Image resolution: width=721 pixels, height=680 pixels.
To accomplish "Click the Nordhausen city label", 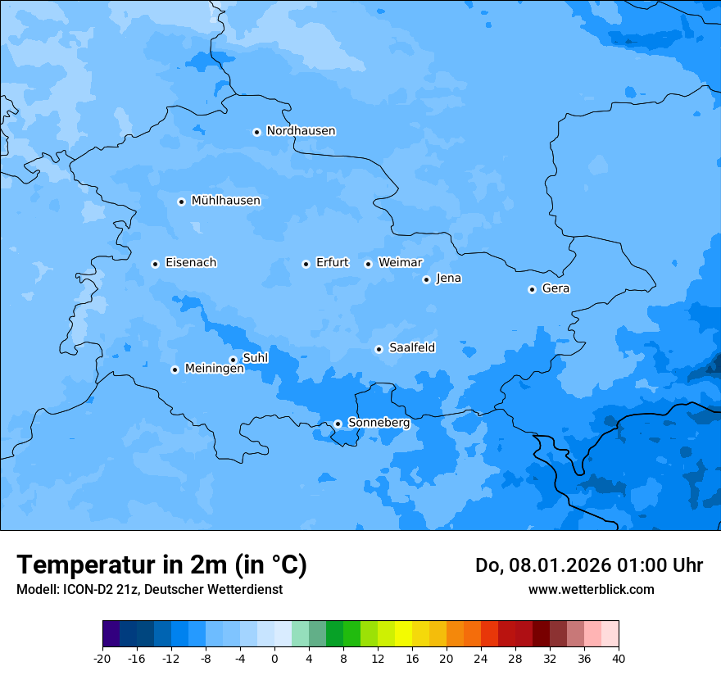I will (301, 131).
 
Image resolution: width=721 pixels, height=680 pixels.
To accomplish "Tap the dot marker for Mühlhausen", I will (182, 202).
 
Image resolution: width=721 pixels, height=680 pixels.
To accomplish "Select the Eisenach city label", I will (191, 263).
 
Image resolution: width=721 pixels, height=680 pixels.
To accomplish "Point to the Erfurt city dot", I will (306, 264).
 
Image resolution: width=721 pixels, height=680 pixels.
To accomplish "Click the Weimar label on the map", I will (400, 262).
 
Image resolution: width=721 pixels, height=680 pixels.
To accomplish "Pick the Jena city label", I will (449, 279).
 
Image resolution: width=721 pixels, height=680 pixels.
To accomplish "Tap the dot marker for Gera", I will (532, 289).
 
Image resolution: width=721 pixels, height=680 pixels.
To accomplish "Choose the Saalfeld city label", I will (412, 348).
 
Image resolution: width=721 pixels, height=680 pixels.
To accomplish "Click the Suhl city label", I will (256, 358).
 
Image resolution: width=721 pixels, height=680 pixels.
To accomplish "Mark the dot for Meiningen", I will (175, 369).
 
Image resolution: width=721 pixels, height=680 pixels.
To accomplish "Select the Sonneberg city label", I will (379, 423).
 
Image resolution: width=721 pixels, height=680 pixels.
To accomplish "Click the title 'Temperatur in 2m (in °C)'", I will (162, 565).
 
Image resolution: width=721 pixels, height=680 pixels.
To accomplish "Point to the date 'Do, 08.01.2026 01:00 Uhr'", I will (588, 565).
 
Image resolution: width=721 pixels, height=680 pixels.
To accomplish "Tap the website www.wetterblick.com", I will (591, 589).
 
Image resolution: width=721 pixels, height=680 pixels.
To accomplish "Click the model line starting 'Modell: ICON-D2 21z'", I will (149, 589).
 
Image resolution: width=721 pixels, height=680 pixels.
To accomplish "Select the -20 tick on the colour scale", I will (102, 658).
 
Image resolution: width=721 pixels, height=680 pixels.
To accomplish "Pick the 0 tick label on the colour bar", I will (274, 658).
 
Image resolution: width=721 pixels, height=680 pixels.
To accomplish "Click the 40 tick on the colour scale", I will (619, 658).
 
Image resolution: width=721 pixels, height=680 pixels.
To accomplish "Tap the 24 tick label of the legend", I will (481, 658).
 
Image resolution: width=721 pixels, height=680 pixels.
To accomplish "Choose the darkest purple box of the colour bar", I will (111, 634).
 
